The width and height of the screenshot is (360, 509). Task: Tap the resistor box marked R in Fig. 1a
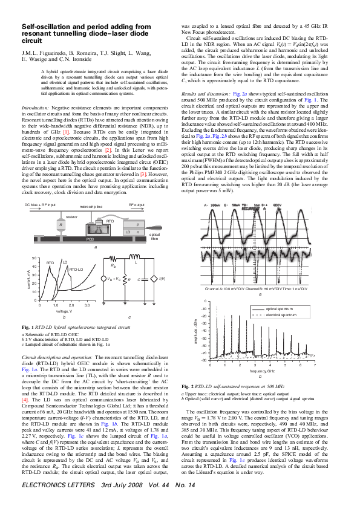coord(62,224)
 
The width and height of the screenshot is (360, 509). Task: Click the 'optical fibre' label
coord(154,236)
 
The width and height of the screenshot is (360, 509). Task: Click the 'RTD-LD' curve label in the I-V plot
coord(76,270)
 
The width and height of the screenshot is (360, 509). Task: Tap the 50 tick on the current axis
coord(34,258)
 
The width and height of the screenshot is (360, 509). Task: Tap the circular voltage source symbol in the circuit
coord(113,279)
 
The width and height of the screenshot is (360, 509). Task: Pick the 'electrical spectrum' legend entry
coord(280,315)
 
